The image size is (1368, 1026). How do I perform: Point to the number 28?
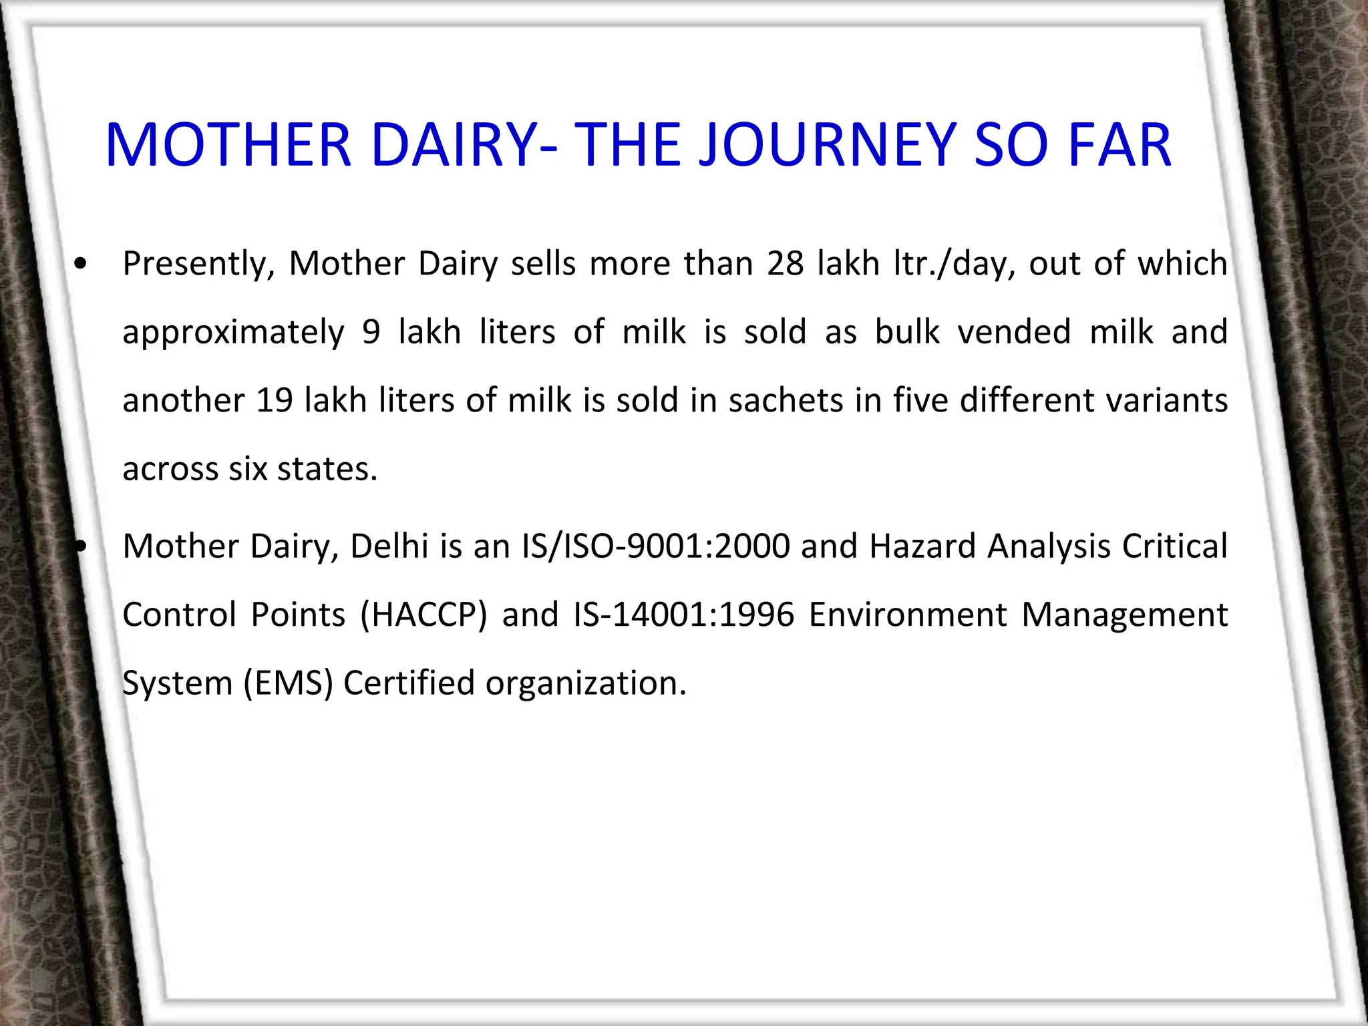(x=785, y=263)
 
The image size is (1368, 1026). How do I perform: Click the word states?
(x=327, y=469)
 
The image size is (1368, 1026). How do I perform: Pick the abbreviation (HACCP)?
(x=423, y=615)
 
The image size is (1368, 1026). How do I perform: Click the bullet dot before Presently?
(x=81, y=265)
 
